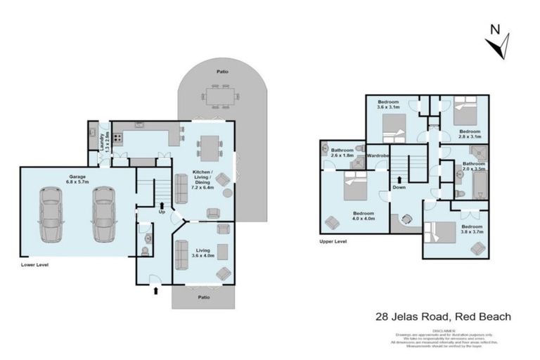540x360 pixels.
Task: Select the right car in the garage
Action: tap(103, 214)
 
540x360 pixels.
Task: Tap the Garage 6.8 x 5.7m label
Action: tap(78, 179)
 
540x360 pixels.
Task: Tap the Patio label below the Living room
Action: tap(203, 297)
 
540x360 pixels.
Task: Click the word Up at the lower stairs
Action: tap(162, 212)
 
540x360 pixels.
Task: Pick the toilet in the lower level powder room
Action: tap(146, 239)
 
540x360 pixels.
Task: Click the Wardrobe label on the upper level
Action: tap(378, 155)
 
